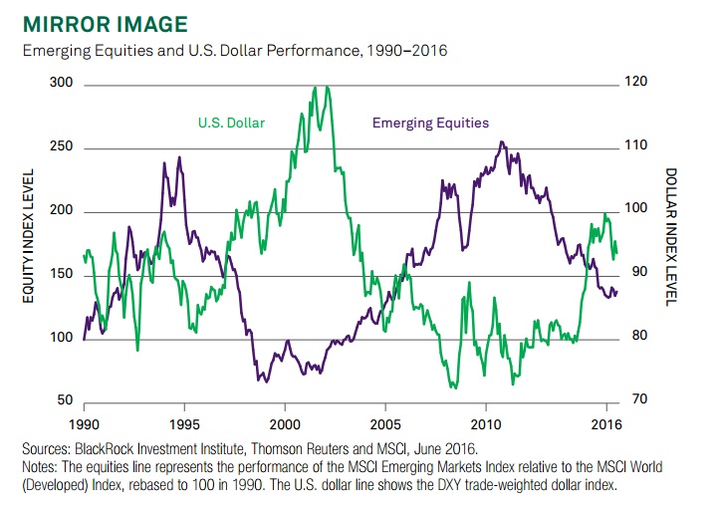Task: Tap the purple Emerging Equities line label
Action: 430,124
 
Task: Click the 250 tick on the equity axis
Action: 62,148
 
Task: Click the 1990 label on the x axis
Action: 84,409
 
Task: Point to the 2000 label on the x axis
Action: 285,409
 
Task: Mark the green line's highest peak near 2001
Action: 315,87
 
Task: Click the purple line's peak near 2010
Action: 502,142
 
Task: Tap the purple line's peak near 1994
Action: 179,157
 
